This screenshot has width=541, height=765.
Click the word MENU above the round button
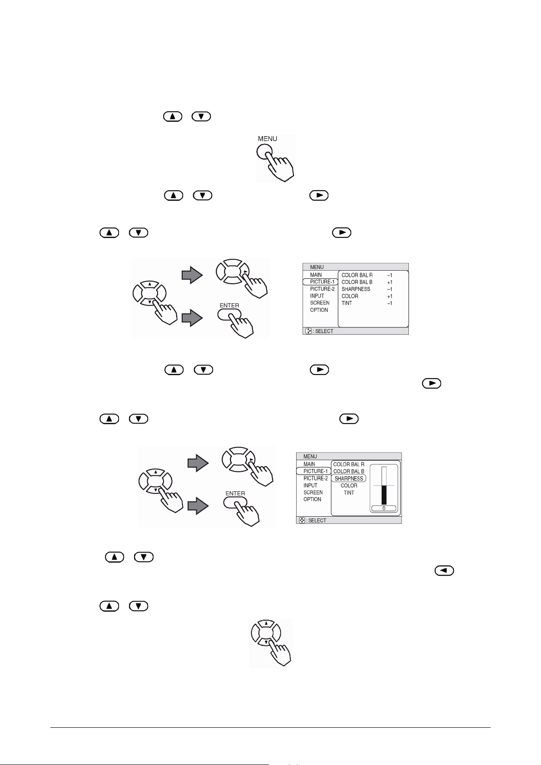(268, 138)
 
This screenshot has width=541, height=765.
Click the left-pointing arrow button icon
(444, 571)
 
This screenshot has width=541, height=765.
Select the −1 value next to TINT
(390, 303)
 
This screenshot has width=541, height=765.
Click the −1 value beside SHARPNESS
(390, 289)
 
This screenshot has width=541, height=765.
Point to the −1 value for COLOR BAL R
(390, 275)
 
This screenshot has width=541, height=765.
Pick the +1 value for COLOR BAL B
(390, 282)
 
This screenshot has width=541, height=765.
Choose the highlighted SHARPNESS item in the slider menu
(349, 479)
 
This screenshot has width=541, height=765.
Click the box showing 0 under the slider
(384, 508)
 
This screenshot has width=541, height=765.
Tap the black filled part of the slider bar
(384, 495)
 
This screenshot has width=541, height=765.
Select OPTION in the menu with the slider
(313, 499)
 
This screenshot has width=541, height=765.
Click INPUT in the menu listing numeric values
(317, 296)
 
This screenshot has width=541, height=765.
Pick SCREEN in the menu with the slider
(313, 493)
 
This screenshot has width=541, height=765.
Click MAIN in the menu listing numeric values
(316, 275)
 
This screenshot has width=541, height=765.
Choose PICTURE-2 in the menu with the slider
(316, 479)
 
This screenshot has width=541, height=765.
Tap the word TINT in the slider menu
(349, 493)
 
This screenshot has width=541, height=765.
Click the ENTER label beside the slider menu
(235, 494)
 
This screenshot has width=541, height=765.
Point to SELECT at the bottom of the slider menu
(317, 521)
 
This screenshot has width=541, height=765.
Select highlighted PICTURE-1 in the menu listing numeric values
(322, 282)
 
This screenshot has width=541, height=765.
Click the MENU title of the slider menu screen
(310, 457)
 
